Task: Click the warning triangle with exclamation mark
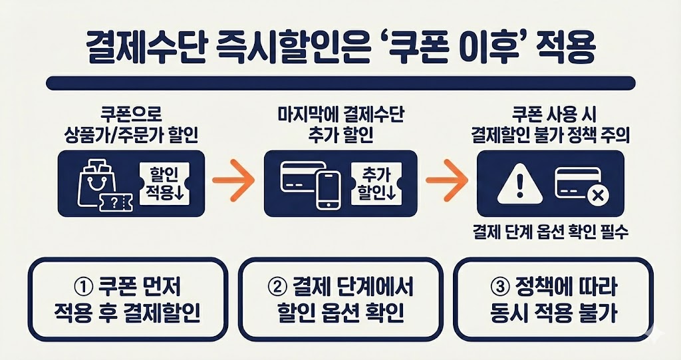point(515,182)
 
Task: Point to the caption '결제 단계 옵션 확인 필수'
point(549,234)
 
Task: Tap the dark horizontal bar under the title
point(340,83)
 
